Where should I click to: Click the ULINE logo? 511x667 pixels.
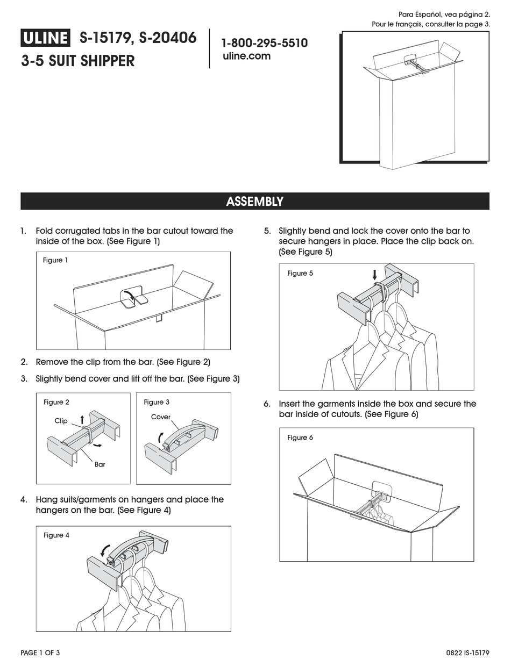[46, 38]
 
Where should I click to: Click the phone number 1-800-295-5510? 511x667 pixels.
[265, 43]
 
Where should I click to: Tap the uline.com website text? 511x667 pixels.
[246, 56]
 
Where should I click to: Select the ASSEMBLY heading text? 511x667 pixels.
[254, 202]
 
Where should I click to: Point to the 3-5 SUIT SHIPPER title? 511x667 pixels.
[78, 61]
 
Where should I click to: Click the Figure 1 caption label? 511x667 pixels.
[55, 260]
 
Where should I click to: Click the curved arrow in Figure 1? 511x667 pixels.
[130, 293]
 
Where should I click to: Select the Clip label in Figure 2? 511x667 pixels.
[61, 421]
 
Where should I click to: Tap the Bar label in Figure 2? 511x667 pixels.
[100, 464]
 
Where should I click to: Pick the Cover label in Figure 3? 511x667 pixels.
[160, 417]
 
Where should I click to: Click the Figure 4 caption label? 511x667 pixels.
[56, 535]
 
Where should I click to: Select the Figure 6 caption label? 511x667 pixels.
[300, 438]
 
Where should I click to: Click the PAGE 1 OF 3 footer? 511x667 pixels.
[40, 652]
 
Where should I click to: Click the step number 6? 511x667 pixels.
[267, 404]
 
